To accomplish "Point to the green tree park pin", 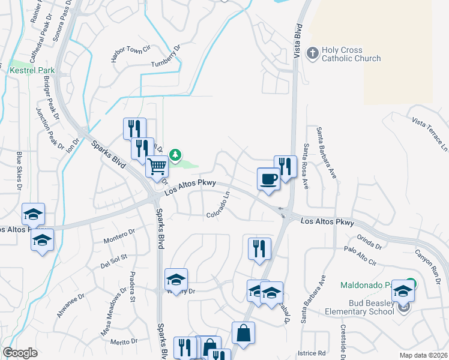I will click(x=175, y=155).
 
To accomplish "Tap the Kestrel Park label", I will click(x=32, y=70).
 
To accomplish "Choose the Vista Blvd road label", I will click(x=297, y=40).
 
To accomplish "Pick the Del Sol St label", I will click(x=115, y=259).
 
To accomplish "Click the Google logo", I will click(x=20, y=353).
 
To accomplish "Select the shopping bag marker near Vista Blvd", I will click(x=243, y=334).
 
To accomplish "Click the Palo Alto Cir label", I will click(x=360, y=256).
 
